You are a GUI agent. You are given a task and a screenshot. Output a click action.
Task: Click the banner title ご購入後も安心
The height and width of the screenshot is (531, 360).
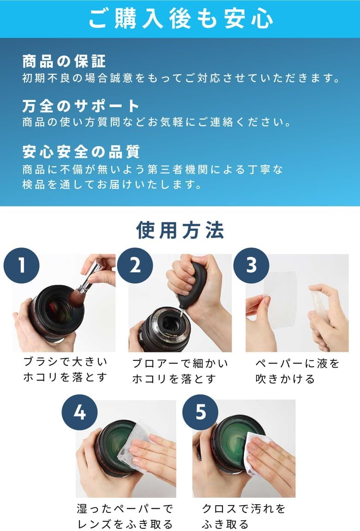(180, 18)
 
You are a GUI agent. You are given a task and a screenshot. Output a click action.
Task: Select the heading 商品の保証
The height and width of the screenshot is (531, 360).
(64, 61)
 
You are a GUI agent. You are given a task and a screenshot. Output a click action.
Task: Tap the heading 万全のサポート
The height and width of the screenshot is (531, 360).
(81, 106)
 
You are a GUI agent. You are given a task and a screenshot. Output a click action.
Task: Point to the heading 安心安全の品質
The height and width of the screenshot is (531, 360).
(81, 151)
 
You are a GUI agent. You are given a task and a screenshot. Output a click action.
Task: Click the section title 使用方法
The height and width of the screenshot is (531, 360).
(180, 230)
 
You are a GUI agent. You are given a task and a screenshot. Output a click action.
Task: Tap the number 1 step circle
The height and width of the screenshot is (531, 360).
(21, 266)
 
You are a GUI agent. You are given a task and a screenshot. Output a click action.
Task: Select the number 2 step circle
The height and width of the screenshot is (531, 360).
(135, 266)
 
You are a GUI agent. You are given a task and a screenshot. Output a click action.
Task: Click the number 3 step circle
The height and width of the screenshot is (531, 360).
(251, 266)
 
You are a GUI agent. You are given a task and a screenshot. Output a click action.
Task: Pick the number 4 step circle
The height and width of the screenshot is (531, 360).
(80, 412)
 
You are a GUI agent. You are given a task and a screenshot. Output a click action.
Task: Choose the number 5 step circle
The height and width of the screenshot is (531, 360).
(200, 412)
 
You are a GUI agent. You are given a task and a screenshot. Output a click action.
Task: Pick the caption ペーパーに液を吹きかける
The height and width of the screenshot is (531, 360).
(297, 371)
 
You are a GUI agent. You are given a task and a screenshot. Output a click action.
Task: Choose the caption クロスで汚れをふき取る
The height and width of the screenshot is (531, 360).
(244, 516)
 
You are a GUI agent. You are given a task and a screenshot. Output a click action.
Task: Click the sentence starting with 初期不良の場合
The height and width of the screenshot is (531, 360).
(182, 78)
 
